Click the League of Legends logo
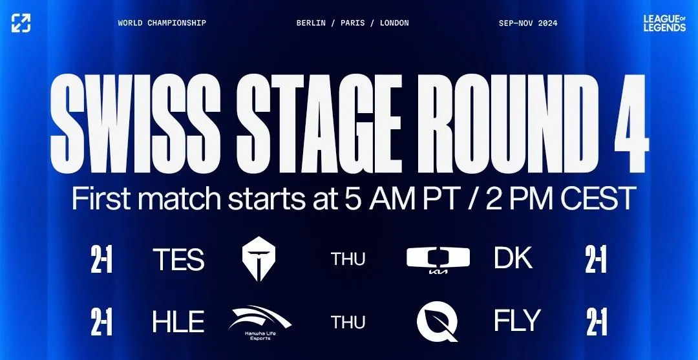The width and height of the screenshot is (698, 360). (x=664, y=23)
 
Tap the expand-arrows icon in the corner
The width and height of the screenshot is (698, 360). (x=21, y=23)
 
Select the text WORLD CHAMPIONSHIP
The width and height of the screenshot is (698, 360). (x=162, y=23)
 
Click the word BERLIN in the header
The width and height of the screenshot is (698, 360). (x=311, y=23)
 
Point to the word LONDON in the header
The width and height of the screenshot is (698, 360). (x=394, y=23)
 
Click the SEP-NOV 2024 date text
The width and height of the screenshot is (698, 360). (x=528, y=23)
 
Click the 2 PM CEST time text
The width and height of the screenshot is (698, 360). (x=560, y=198)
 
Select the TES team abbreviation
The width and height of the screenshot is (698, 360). (x=178, y=259)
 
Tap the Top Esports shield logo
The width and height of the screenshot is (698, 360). (x=259, y=259)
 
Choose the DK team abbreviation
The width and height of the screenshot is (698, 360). (x=513, y=258)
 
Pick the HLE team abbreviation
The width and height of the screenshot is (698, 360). (x=178, y=322)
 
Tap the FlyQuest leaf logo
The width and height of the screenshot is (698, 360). (x=438, y=321)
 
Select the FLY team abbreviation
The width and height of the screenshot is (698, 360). (x=517, y=321)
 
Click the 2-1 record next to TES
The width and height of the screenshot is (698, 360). (x=101, y=259)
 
